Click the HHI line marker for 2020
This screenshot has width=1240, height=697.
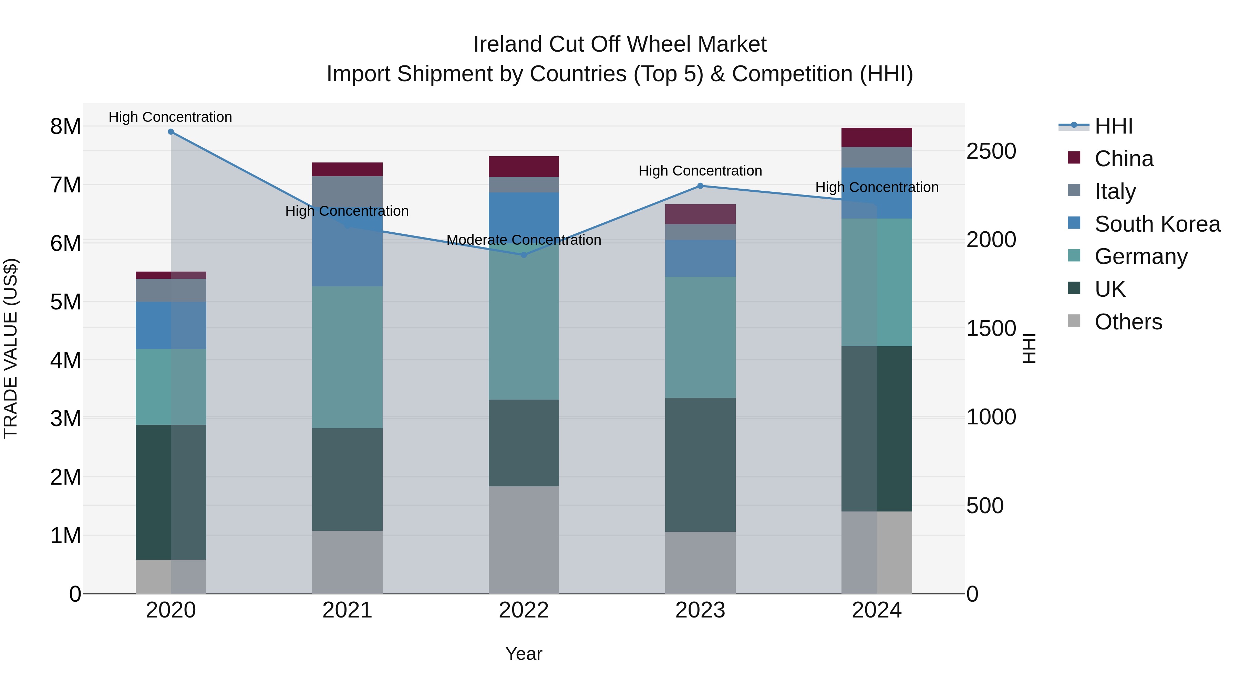tap(171, 132)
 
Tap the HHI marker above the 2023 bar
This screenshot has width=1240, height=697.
tap(700, 186)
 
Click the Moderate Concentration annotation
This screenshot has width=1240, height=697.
tap(524, 240)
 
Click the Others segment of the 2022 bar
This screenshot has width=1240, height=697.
tap(524, 540)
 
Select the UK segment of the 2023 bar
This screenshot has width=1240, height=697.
tap(700, 465)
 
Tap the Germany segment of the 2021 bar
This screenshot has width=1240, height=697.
tap(347, 357)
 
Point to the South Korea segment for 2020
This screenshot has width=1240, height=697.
tap(171, 326)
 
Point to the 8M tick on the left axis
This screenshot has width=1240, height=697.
tap(65, 127)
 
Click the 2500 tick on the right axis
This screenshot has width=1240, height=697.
tap(991, 151)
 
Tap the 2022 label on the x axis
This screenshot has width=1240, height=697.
tap(524, 610)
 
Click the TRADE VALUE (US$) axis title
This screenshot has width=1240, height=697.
tap(11, 348)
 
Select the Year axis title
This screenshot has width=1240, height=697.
tap(524, 654)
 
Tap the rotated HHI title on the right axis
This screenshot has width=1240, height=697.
tap(1029, 348)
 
